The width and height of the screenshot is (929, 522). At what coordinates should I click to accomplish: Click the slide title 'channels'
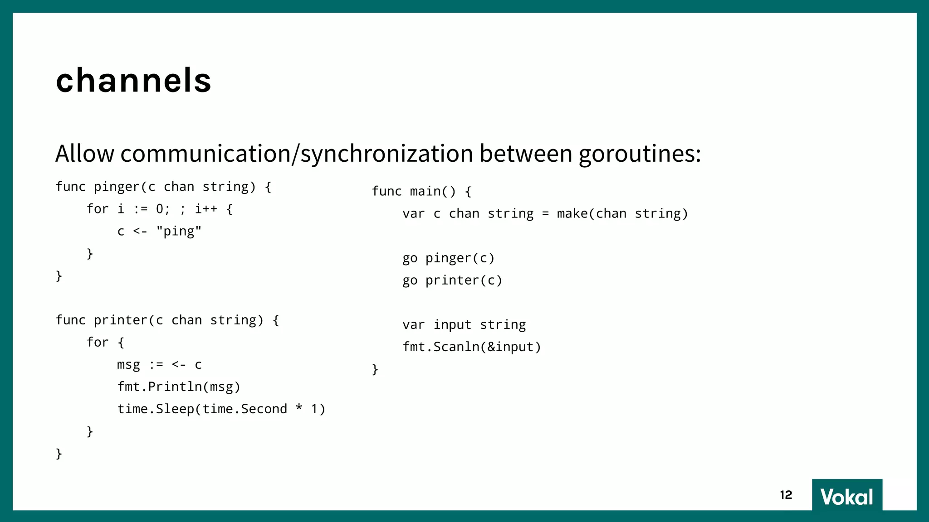(x=133, y=81)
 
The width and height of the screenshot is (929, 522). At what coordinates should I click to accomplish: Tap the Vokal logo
(x=846, y=497)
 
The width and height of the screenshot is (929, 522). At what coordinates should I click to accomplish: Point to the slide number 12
(x=786, y=495)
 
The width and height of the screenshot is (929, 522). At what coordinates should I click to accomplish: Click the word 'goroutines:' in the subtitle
(x=640, y=154)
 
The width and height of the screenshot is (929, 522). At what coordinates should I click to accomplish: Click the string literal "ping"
(x=179, y=232)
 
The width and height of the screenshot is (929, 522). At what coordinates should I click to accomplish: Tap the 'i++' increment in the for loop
(x=206, y=209)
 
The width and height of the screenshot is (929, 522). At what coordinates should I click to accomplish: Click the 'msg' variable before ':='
(x=128, y=365)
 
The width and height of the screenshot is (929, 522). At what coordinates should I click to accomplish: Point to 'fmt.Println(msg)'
(x=179, y=387)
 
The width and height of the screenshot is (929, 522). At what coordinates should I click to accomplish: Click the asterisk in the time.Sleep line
(x=299, y=408)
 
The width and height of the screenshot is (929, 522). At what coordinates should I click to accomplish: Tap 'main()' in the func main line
(x=433, y=192)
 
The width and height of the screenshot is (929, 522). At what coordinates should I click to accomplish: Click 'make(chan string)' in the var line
(x=622, y=214)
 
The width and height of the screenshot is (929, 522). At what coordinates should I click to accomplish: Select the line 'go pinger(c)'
(x=448, y=258)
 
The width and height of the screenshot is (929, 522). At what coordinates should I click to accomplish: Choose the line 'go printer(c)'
(x=452, y=280)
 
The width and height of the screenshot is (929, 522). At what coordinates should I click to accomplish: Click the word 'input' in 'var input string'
(x=452, y=325)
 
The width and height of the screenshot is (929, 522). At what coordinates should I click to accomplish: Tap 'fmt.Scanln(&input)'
(x=472, y=347)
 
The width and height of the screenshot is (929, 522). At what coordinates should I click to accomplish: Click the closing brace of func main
(x=375, y=370)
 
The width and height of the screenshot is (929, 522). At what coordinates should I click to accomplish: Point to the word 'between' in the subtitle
(x=526, y=154)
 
